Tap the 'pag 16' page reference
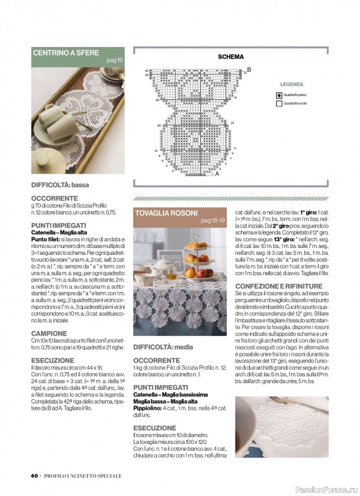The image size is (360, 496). click(x=115, y=60)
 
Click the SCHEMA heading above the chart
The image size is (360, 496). click(x=230, y=57)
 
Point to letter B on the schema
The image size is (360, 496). click(x=249, y=69)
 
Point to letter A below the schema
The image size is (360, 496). click(x=217, y=174)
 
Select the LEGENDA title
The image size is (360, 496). click(x=291, y=84)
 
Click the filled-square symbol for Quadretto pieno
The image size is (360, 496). click(x=279, y=95)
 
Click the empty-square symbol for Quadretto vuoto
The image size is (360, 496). click(x=279, y=104)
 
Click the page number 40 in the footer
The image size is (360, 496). click(x=35, y=476)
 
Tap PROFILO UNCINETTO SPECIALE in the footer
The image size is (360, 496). click(x=84, y=476)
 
